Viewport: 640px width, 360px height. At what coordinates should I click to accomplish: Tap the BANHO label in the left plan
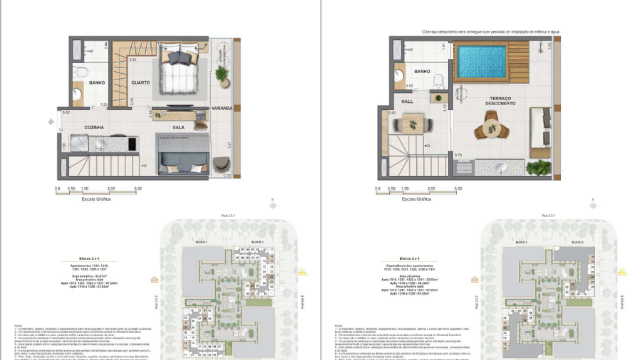tap(97, 82)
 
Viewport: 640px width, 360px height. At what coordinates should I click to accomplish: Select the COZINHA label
tap(94, 128)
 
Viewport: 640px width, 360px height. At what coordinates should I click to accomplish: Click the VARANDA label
tap(221, 107)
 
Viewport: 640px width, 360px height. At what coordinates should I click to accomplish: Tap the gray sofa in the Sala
tap(183, 160)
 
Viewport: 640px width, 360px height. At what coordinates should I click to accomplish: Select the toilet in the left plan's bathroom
tap(78, 96)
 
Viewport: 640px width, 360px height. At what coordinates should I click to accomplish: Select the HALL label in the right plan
tap(409, 101)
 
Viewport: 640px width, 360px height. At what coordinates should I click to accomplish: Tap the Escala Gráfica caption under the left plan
tap(96, 199)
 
